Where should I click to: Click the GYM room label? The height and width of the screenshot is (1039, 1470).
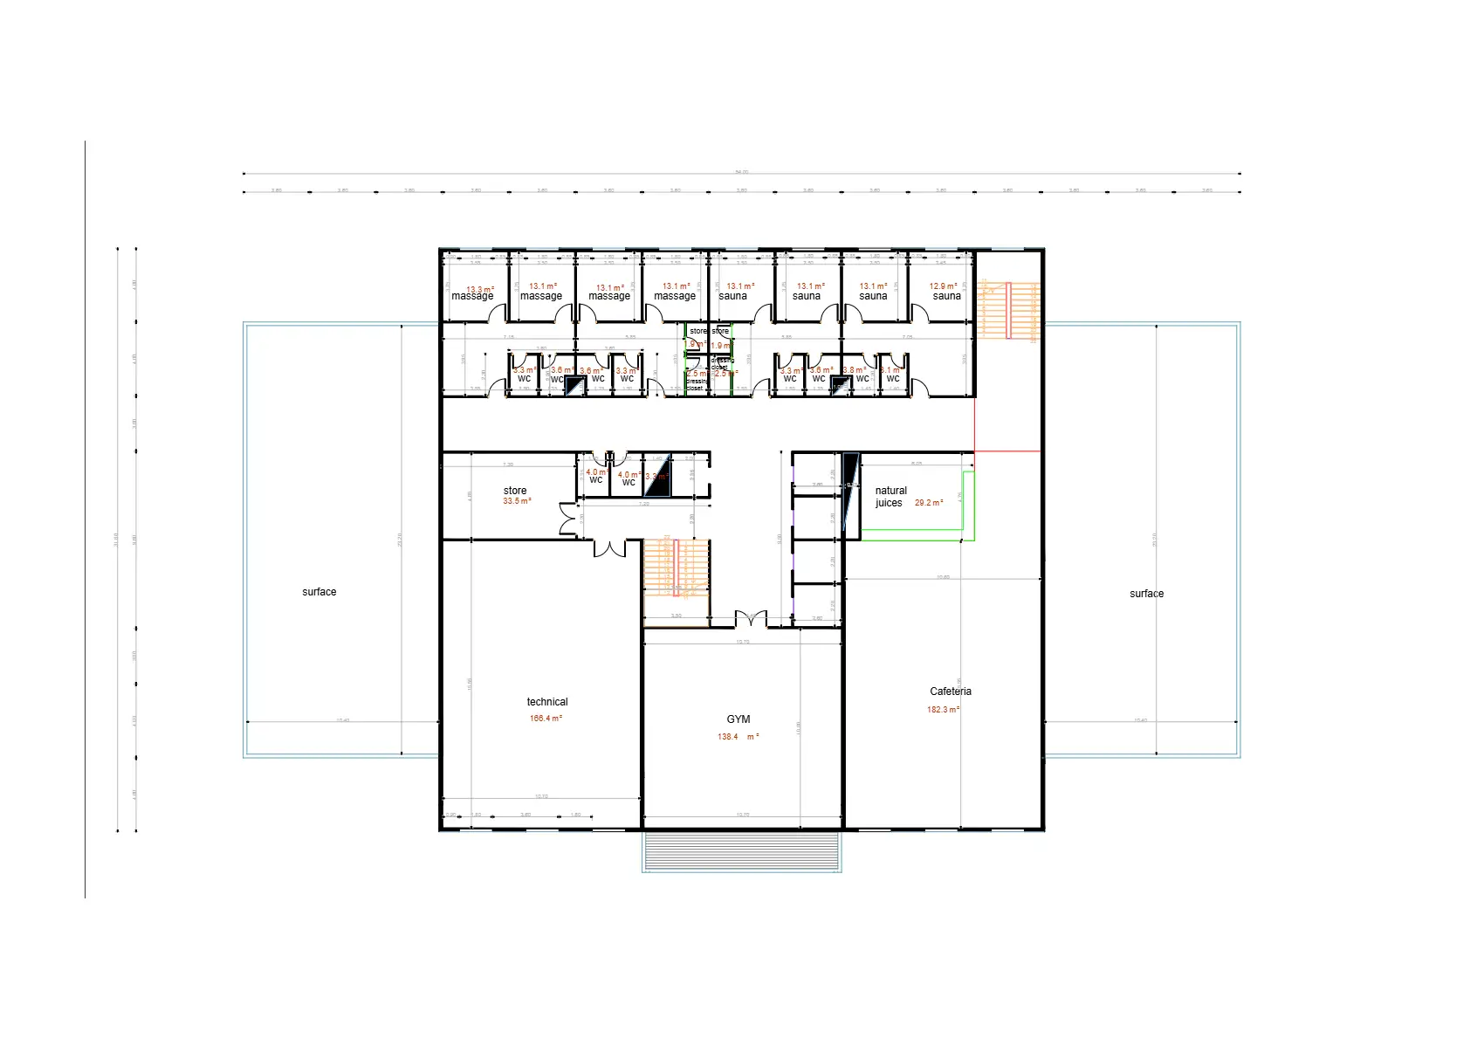(738, 719)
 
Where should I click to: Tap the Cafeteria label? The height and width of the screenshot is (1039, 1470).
(950, 692)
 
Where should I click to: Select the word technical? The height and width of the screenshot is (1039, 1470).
(547, 702)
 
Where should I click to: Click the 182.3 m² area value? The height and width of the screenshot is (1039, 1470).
(943, 710)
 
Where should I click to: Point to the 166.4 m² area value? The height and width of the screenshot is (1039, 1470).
(546, 719)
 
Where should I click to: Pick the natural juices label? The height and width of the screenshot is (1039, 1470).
(890, 497)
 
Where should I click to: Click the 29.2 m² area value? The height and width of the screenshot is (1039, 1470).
(929, 503)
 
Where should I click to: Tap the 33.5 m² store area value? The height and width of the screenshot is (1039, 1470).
(517, 501)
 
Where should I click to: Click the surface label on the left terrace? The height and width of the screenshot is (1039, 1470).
(319, 592)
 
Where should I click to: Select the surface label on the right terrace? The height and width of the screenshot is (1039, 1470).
(1146, 594)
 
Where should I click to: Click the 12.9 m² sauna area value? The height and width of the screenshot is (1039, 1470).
(943, 286)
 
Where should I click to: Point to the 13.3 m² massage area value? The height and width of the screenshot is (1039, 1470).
(480, 289)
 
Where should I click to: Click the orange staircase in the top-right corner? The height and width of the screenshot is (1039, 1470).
(1010, 310)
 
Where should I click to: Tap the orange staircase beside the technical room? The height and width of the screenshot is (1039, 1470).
(676, 568)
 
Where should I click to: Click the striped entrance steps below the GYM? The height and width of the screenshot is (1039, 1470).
(741, 852)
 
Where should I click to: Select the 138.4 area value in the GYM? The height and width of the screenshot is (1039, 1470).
(728, 737)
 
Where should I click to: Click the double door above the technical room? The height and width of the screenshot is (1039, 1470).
(610, 548)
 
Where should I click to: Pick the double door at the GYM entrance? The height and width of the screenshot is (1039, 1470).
(751, 619)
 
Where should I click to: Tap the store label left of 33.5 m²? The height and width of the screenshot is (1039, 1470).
(515, 491)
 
